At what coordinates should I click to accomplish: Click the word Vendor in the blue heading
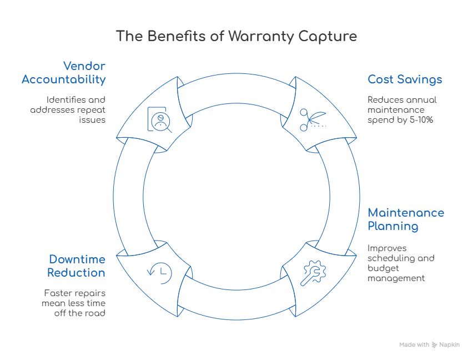coord(85,66)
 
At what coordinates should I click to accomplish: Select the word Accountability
coord(63,79)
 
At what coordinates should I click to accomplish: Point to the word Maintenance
coord(405,213)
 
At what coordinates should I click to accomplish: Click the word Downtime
coord(77,259)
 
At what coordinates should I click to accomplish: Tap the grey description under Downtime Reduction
coord(72,303)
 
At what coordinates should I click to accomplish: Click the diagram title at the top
coord(236,37)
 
